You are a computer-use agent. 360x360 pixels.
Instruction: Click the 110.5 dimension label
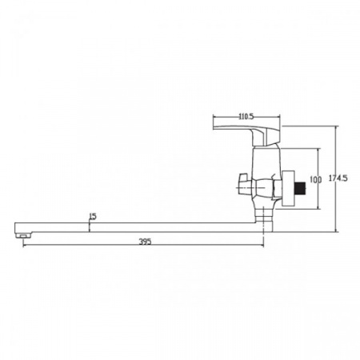click(246, 117)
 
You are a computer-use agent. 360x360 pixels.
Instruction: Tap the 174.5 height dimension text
click(338, 178)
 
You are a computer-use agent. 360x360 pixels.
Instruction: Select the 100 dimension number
click(316, 180)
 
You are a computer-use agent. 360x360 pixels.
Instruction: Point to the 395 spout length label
click(145, 242)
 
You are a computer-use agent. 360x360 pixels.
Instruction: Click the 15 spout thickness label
click(93, 216)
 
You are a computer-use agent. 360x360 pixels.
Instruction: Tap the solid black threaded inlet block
click(300, 188)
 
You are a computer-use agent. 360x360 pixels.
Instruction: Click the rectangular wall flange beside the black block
click(288, 188)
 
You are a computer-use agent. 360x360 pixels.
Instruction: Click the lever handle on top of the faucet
click(246, 135)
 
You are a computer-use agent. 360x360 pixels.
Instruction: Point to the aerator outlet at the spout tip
click(23, 235)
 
